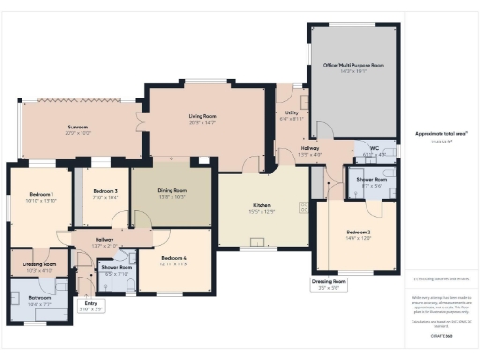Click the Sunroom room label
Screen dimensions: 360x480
77,127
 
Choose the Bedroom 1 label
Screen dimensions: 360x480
40,194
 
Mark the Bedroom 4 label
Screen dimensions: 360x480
174,258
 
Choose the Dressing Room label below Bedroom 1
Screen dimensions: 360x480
40,265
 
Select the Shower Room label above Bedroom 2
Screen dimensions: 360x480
373,179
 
